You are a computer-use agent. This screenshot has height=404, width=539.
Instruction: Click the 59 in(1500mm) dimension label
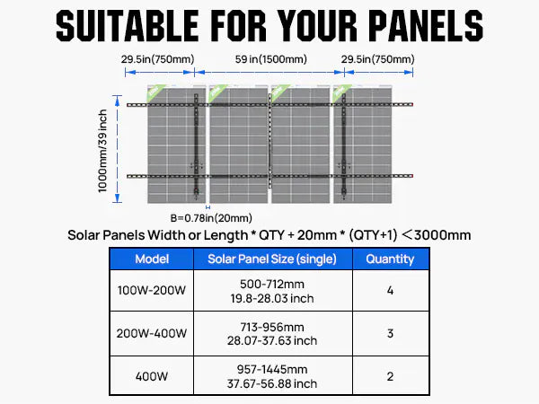pos(269,59)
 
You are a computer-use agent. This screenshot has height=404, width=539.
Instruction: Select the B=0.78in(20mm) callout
pos(211,217)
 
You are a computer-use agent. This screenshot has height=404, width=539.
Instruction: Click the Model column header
pos(151,259)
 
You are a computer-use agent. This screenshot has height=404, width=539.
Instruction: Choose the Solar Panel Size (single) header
pos(272,259)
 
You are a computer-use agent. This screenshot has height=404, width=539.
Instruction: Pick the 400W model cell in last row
pos(151,376)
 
